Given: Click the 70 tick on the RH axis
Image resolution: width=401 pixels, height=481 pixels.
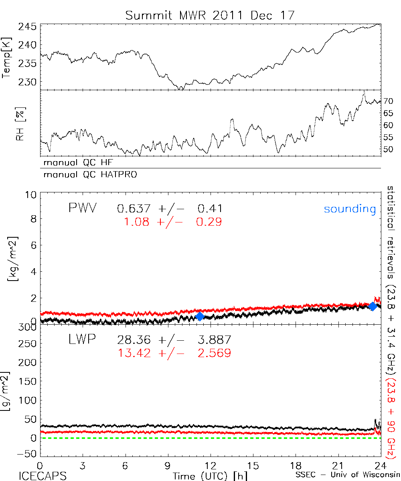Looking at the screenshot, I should [389, 101].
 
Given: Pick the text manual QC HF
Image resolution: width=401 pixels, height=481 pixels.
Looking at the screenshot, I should [81, 163].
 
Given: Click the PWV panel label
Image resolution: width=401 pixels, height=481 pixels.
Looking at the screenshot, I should [83, 208].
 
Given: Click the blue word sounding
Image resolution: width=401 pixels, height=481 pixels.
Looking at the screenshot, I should [350, 209].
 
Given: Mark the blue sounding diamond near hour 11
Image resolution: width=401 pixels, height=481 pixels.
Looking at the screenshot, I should [200, 316].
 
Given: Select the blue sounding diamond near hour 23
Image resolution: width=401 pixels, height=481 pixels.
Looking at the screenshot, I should [373, 306].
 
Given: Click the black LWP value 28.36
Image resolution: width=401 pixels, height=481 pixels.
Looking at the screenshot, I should [134, 340].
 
